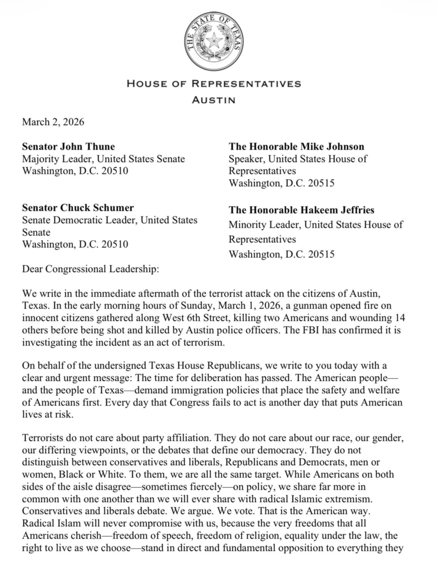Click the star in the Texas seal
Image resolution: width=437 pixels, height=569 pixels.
214,42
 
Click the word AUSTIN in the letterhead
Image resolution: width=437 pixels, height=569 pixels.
214,100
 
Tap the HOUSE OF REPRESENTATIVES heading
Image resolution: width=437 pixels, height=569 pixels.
214,84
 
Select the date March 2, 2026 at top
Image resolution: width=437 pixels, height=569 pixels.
53,122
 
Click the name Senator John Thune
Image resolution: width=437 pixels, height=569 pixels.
69,147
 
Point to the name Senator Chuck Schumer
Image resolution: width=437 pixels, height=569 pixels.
78,208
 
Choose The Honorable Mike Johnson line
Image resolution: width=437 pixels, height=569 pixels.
296,147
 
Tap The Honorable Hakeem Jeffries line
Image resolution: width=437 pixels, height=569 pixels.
301,210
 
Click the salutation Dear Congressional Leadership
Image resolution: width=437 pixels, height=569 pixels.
90,269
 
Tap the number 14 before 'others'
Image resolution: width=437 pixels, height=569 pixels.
400,318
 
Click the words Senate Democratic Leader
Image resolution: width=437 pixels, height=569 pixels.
79,220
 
